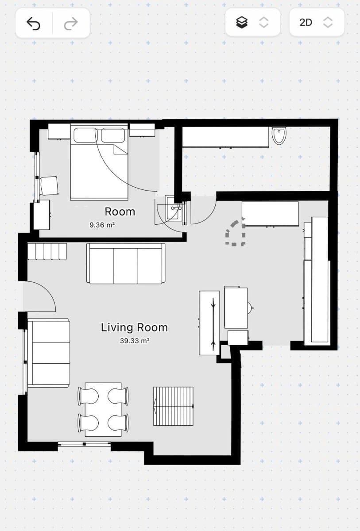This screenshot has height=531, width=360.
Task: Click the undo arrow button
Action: pyautogui.click(x=34, y=23)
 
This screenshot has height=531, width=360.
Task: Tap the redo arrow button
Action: pyautogui.click(x=71, y=23)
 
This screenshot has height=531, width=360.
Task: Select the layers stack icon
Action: pyautogui.click(x=242, y=22)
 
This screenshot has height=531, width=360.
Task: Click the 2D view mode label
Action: pyautogui.click(x=306, y=22)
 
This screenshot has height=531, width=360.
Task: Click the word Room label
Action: pyautogui.click(x=120, y=212)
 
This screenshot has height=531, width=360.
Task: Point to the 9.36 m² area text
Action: pyautogui.click(x=102, y=225)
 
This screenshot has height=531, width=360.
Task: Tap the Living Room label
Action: pyautogui.click(x=134, y=327)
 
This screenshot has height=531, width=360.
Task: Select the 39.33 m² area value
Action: pyautogui.click(x=134, y=341)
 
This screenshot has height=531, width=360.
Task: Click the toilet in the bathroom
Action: pyautogui.click(x=279, y=135)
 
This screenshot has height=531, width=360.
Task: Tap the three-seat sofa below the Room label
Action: pyautogui.click(x=126, y=264)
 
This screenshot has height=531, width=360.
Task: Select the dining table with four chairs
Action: pyautogui.click(x=103, y=409)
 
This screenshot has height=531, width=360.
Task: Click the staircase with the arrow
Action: pyautogui.click(x=174, y=406)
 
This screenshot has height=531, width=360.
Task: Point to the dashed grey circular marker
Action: pyautogui.click(x=235, y=233)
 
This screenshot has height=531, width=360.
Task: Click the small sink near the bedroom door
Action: pyautogui.click(x=173, y=208)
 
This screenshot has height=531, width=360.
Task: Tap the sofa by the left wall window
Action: pyautogui.click(x=48, y=352)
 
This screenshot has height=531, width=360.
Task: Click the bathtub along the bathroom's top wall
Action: pyautogui.click(x=226, y=137)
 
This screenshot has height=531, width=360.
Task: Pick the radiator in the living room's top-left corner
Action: pyautogui.click(x=47, y=251)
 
